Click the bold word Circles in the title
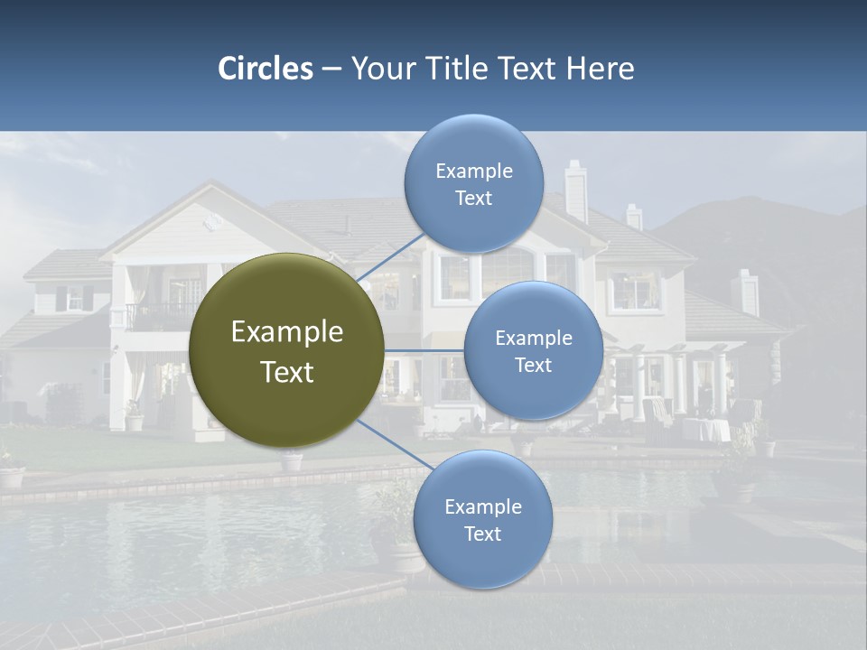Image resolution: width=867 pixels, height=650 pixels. [x=265, y=69]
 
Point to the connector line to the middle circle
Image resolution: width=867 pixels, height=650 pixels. [x=424, y=350]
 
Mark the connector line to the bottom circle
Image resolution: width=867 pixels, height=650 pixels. [x=393, y=444]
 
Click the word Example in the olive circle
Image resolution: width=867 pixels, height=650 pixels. [x=286, y=332]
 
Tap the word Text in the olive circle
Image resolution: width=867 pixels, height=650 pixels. [x=286, y=372]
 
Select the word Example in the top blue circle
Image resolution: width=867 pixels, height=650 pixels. [x=473, y=172]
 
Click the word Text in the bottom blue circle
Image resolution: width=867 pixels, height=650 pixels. [x=482, y=534]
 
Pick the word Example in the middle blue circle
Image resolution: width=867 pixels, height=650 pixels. [x=533, y=339]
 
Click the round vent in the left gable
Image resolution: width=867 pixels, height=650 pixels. [x=214, y=219]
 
